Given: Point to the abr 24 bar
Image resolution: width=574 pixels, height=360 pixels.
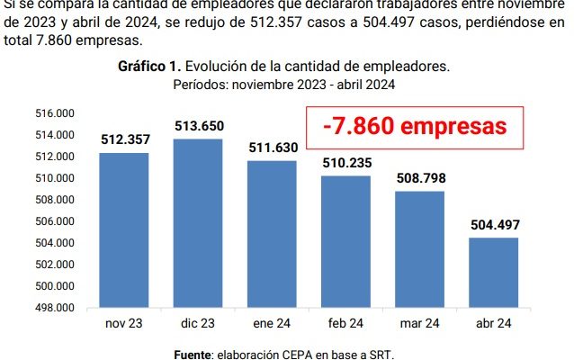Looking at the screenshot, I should pyautogui.click(x=493, y=272).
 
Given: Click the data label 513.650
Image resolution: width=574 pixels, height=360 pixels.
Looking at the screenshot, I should pyautogui.click(x=198, y=125).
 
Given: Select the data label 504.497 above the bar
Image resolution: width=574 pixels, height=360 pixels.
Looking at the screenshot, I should pyautogui.click(x=493, y=224).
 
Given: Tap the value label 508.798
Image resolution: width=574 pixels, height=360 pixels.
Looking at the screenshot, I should pyautogui.click(x=419, y=177).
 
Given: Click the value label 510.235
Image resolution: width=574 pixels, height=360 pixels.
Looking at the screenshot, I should pyautogui.click(x=345, y=162).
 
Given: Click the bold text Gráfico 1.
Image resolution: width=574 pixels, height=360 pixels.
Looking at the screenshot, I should pyautogui.click(x=144, y=67).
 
